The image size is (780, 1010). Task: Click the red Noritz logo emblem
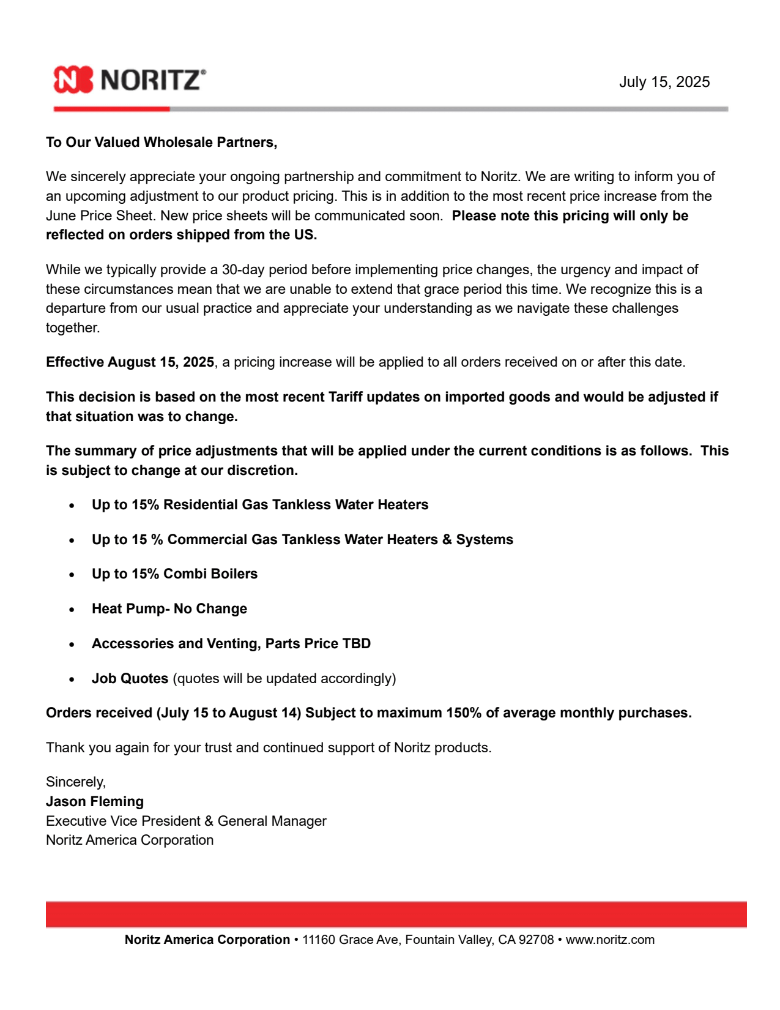click(x=73, y=80)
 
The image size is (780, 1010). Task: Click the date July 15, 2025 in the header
click(x=664, y=82)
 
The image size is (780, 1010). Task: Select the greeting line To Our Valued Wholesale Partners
click(x=162, y=143)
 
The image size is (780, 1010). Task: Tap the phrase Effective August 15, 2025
click(x=130, y=362)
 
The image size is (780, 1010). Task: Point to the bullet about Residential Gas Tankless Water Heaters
click(x=260, y=505)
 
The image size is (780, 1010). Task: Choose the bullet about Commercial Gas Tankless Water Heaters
click(x=302, y=540)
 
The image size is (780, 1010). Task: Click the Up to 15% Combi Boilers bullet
click(x=174, y=574)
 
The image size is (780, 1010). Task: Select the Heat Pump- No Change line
click(x=169, y=609)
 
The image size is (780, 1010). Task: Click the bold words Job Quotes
click(x=130, y=679)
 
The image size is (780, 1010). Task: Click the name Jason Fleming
click(x=95, y=802)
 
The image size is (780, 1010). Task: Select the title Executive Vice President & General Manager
click(x=186, y=821)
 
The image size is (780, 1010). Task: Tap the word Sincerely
click(x=75, y=782)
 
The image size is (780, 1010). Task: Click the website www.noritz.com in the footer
click(x=610, y=940)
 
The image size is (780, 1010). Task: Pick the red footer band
click(x=396, y=915)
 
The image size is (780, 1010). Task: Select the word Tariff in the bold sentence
click(x=346, y=397)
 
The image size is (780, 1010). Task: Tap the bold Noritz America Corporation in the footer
click(x=207, y=940)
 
